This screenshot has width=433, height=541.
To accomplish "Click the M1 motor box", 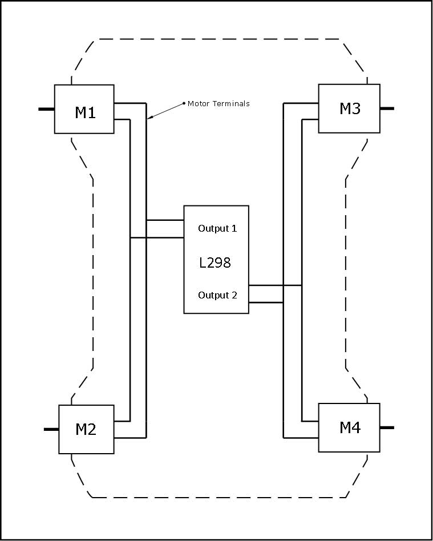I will click(84, 109).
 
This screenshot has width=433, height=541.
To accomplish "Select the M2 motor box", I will click(86, 429).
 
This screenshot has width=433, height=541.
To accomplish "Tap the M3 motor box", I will click(349, 108).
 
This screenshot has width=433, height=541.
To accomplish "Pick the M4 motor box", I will click(349, 427).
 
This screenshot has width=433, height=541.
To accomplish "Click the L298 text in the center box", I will click(215, 263).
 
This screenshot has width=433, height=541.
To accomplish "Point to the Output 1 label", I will click(217, 228).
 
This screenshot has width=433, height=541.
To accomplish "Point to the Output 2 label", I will click(217, 295).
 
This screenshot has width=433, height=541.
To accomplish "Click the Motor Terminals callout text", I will click(218, 104).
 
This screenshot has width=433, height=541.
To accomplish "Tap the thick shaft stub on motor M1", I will click(46, 108).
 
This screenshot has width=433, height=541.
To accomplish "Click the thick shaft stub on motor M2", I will click(51, 429).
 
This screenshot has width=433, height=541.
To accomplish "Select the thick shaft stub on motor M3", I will click(387, 108).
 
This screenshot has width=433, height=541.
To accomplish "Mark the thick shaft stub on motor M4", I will click(387, 427).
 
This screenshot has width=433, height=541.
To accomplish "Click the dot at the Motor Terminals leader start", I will click(184, 103).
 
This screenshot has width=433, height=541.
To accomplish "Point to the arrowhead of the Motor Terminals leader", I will click(149, 118).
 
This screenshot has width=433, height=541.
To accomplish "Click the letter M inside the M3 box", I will click(345, 108).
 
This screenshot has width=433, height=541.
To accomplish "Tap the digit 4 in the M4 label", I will click(356, 427).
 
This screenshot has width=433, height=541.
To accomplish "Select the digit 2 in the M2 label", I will click(92, 430).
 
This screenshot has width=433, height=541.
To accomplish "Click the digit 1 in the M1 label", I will click(91, 112).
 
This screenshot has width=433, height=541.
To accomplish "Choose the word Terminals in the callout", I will click(230, 104).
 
